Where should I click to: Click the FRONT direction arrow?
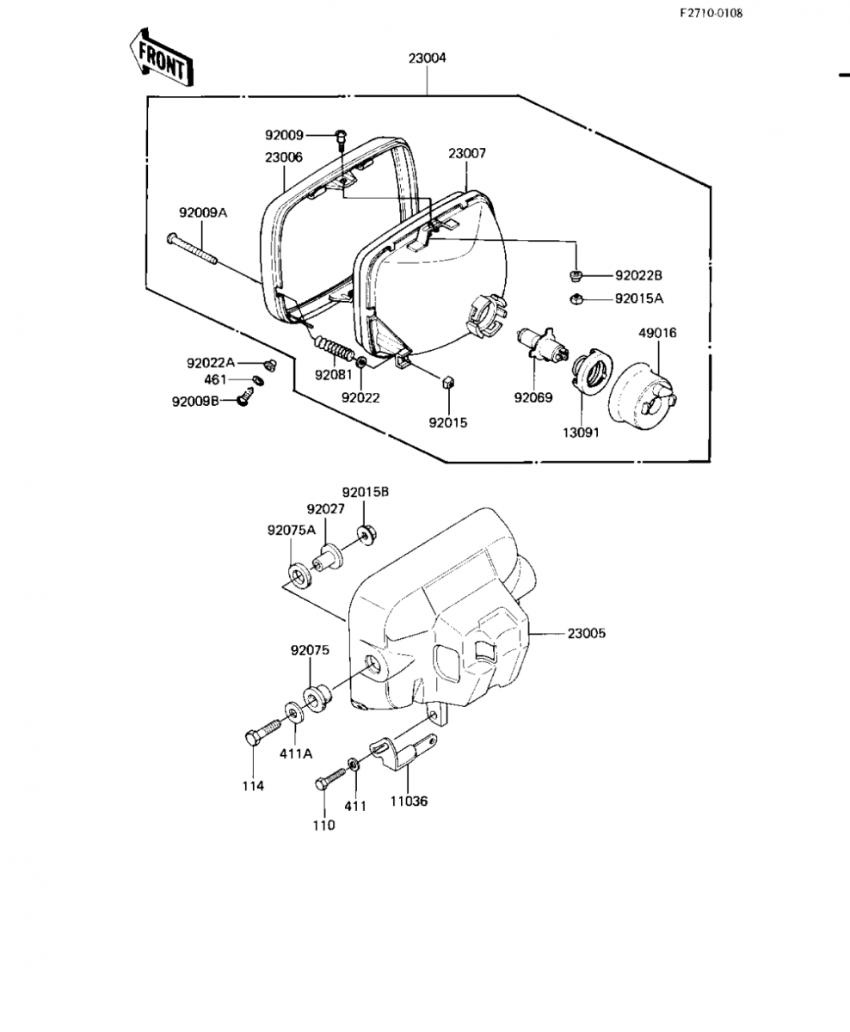[x=162, y=58]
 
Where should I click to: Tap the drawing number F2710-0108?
[x=711, y=13]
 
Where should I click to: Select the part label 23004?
[x=428, y=58]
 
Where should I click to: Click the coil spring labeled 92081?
[x=332, y=347]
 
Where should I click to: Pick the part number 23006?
[x=284, y=157]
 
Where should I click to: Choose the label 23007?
[x=467, y=153]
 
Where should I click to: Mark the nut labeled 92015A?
[x=576, y=298]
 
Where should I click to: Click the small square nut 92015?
[x=447, y=382]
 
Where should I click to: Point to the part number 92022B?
[x=638, y=275]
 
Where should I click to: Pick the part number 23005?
[x=587, y=633]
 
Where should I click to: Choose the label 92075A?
[x=292, y=530]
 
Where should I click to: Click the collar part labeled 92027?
[x=328, y=557]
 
